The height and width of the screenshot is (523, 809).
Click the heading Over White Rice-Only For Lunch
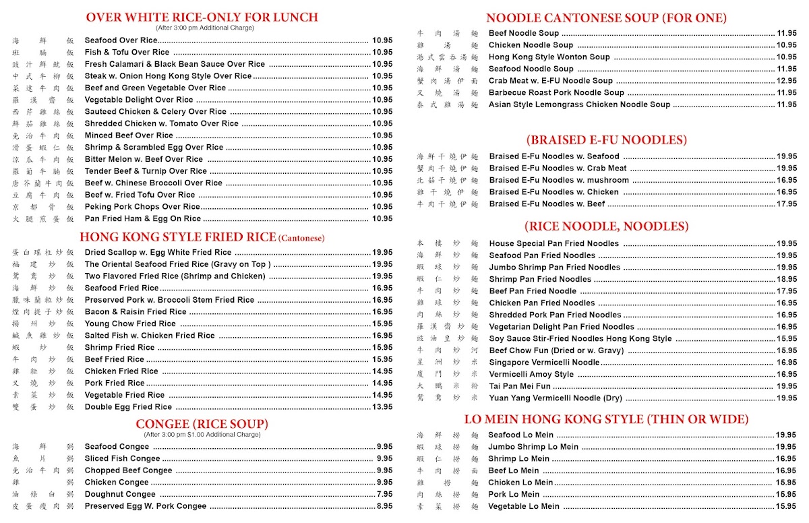(202, 18)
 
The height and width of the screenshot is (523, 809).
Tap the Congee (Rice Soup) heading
(202, 424)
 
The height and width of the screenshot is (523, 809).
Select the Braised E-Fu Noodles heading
(607, 140)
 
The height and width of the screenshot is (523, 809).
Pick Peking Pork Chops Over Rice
(142, 207)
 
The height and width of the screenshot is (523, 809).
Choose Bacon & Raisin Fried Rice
(136, 312)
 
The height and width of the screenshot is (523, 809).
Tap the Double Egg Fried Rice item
(128, 407)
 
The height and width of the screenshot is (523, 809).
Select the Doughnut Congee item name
(120, 494)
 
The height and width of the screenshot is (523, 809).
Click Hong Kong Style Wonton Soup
(549, 57)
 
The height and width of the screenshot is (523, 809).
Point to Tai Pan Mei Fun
(520, 386)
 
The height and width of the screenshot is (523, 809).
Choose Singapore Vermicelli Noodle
(544, 363)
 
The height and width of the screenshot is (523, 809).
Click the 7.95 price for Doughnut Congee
(384, 494)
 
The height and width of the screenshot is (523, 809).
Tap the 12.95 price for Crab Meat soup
(786, 81)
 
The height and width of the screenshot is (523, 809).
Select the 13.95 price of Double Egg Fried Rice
(382, 407)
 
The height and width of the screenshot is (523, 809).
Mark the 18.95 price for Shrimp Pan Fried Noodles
(786, 279)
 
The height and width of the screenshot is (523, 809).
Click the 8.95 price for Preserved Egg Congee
(384, 506)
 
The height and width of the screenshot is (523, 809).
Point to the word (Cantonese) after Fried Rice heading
(301, 238)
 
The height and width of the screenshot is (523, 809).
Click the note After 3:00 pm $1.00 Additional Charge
(202, 435)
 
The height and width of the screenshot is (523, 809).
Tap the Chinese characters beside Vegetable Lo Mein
(448, 507)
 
